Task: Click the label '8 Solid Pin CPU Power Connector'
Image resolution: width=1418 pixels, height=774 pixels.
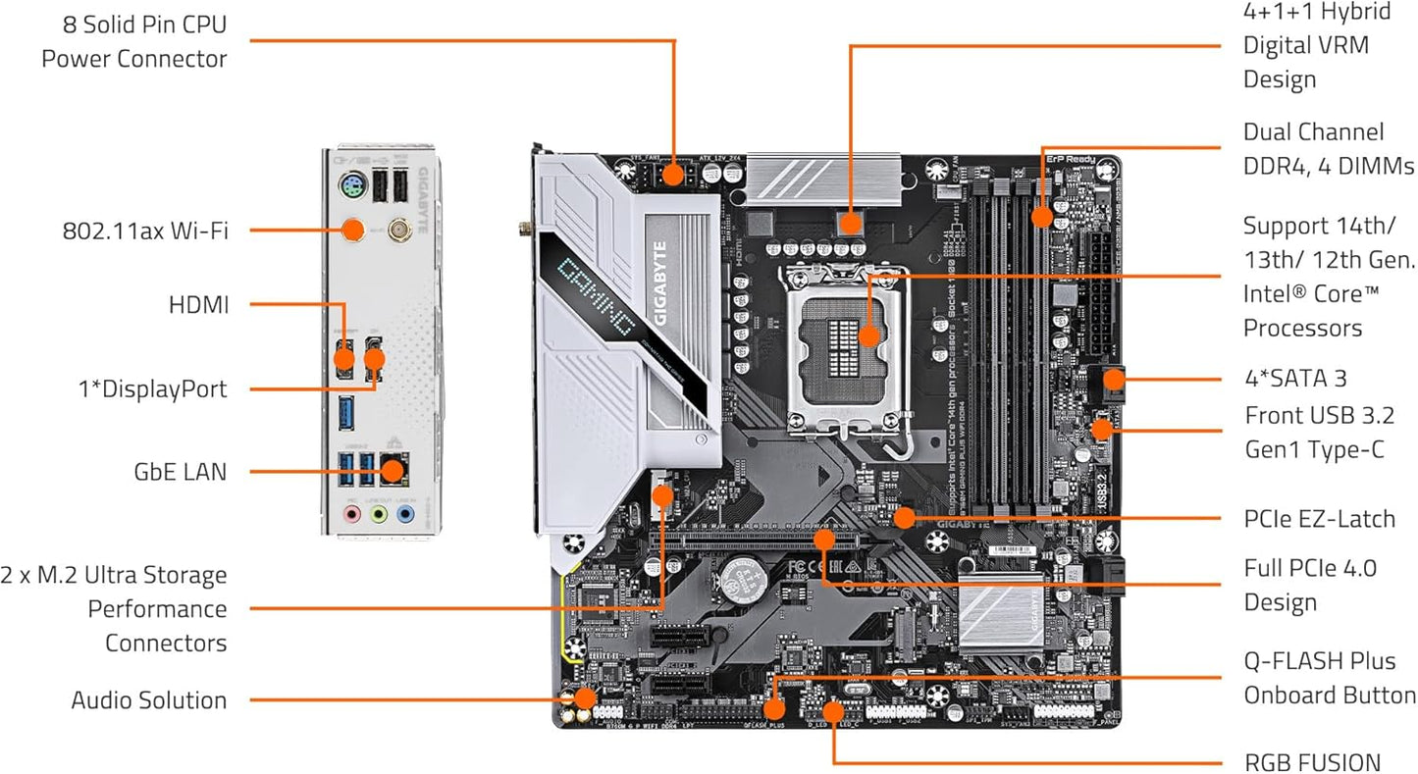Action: [134, 41]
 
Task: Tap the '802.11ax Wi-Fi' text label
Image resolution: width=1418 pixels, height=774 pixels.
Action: [145, 232]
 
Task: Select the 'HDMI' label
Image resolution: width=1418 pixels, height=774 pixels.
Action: [198, 305]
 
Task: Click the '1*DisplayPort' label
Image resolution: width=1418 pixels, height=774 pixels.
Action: [152, 388]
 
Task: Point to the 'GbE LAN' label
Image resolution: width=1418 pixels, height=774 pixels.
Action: [180, 472]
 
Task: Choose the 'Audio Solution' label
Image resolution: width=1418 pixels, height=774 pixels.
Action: [148, 700]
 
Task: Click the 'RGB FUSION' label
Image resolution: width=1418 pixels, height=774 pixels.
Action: [1312, 762]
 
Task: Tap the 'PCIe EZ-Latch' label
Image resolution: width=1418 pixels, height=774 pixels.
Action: [1319, 518]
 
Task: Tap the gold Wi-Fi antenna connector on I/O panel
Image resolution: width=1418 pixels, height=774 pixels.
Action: [399, 231]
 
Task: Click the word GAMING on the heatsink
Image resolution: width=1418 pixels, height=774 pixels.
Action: [594, 284]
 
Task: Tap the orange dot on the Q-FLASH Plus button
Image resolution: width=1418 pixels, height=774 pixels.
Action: [774, 705]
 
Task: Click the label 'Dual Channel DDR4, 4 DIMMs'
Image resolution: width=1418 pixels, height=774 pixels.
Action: [1328, 148]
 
